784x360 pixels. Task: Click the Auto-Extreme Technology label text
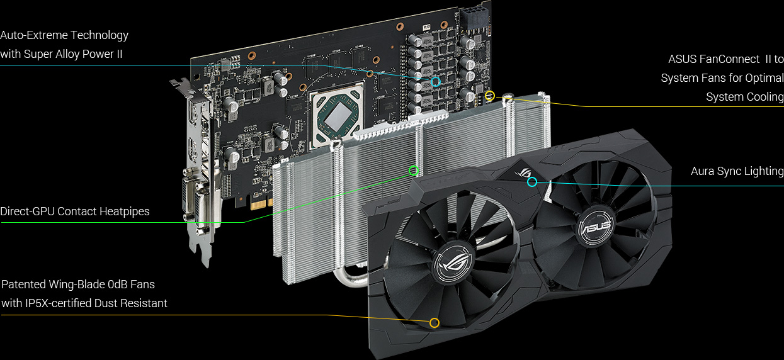(64, 35)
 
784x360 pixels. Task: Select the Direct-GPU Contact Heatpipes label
(75, 211)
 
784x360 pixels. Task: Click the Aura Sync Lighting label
(737, 171)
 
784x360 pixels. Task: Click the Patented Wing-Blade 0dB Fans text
(78, 284)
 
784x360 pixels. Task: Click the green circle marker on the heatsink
(414, 170)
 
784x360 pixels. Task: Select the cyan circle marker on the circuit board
(435, 82)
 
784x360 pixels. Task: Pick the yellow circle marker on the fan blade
(434, 323)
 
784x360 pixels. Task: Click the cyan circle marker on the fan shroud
(532, 182)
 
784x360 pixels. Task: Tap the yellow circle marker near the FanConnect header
(490, 96)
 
